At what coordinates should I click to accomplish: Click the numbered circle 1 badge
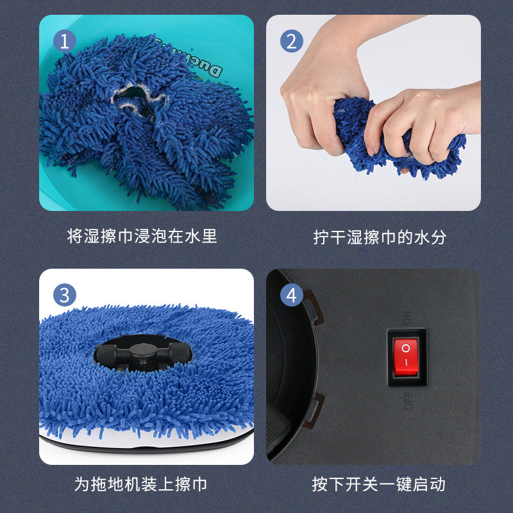coord(64,42)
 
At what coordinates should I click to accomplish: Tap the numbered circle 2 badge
coord(291,42)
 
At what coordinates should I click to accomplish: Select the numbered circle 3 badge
coord(64,296)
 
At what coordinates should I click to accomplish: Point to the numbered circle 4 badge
coord(291,296)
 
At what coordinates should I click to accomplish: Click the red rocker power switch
coord(407,357)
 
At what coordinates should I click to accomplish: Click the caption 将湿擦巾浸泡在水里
coord(142,236)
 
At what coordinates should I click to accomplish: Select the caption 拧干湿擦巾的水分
coord(379,237)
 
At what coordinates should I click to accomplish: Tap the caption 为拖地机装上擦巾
coord(140,484)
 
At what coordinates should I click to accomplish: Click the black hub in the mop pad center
coord(142,353)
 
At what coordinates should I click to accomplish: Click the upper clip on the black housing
coord(312,306)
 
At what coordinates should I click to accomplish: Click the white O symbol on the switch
coord(405,349)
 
